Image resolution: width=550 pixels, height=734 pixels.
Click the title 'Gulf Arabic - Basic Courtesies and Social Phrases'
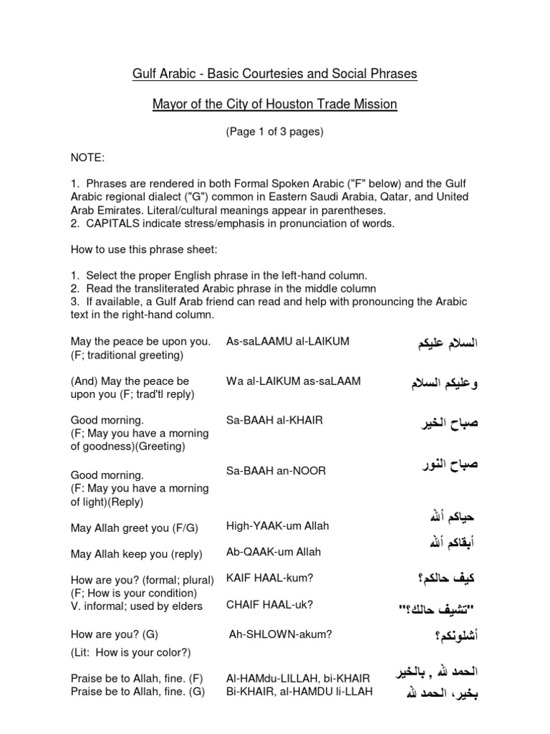[x=274, y=74]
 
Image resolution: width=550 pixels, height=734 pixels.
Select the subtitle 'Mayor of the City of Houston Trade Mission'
[x=274, y=105]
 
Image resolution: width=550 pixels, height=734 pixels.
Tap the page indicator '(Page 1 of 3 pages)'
[x=274, y=133]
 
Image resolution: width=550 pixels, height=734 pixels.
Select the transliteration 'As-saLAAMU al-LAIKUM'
[x=288, y=341]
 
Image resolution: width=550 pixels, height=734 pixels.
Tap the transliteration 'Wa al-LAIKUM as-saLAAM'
[x=294, y=381]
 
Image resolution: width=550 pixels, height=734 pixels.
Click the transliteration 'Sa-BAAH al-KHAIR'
[x=274, y=420]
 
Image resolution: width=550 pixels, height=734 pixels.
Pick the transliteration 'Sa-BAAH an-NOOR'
[x=276, y=470]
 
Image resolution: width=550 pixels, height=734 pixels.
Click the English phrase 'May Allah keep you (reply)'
[x=136, y=554]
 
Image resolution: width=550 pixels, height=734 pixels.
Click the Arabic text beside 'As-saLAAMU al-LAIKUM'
[x=438, y=343]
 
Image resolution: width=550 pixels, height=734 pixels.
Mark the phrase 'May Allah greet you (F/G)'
[x=134, y=528]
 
